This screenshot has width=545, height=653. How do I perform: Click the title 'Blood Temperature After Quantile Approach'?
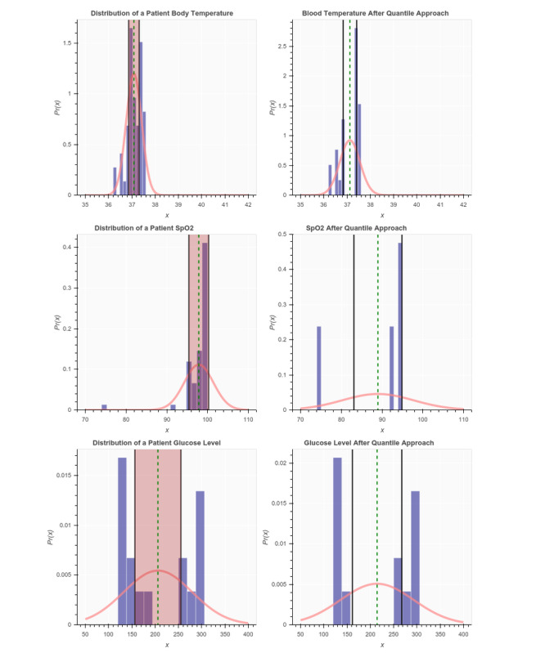coord(381,13)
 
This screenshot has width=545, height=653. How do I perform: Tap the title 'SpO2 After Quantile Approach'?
coord(381,227)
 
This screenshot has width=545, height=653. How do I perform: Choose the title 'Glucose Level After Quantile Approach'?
coord(381,442)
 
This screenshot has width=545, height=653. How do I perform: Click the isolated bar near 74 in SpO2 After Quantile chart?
coord(319,368)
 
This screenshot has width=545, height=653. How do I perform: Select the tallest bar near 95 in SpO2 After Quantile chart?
coord(400,327)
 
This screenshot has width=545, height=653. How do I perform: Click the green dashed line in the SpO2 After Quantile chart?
coord(378,327)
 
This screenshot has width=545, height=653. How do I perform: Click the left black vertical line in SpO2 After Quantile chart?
coord(354,327)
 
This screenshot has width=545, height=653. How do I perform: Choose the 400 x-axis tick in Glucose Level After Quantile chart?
coord(463,633)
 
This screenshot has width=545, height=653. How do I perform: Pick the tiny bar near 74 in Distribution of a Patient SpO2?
coord(104,407)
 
